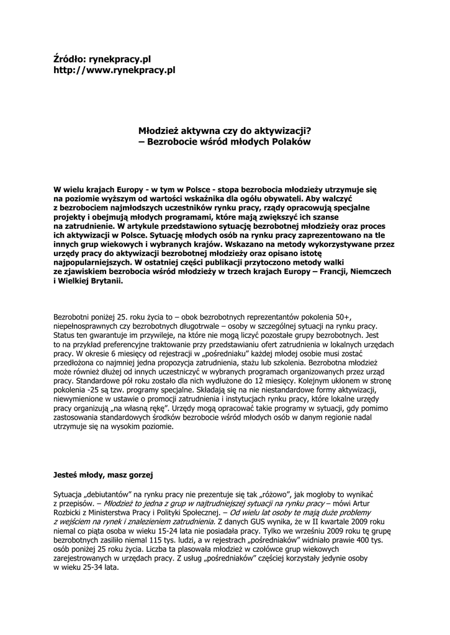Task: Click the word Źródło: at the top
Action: [70, 59]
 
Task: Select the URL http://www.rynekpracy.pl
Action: [115, 70]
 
